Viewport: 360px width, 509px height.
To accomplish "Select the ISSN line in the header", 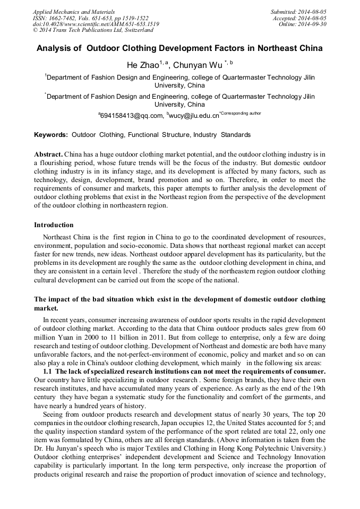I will pos(90,18).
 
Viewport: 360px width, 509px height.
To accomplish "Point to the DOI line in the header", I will pos(96,24).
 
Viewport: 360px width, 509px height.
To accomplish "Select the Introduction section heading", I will pos(54,225).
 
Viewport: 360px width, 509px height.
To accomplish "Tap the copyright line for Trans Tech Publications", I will pos(93,30).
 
